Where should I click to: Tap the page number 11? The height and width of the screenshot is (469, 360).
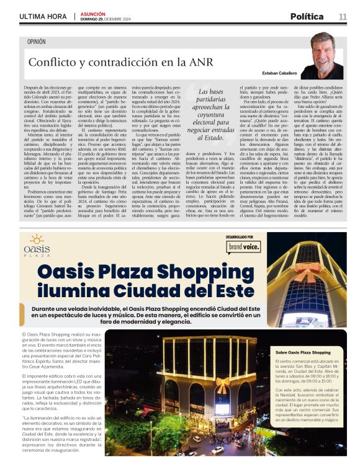point(343,16)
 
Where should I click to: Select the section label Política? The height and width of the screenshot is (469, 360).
point(307,16)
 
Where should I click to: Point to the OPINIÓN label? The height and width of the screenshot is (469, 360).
point(36,42)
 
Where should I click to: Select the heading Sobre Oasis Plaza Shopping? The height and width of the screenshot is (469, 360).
point(304,352)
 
